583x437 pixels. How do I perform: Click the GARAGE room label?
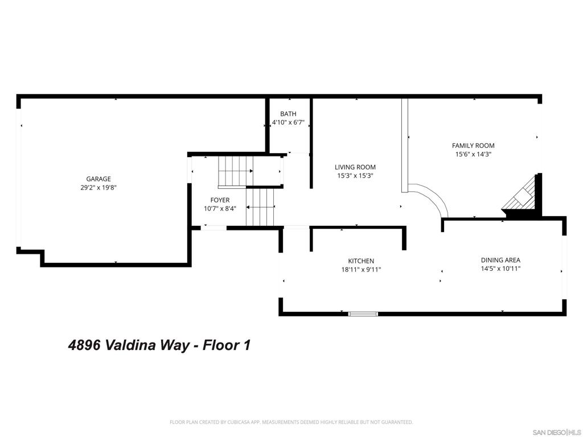point(98,179)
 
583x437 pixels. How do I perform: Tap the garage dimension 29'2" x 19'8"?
point(98,187)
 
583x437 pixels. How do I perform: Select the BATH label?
point(288,114)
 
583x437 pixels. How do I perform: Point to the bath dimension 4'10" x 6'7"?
point(288,122)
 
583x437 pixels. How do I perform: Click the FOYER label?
point(220,200)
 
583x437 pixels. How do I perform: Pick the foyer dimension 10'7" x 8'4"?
point(220,209)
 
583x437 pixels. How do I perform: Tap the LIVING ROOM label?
point(355,167)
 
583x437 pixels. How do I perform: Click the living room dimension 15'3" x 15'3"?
point(355,176)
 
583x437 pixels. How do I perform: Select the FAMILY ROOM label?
point(473,146)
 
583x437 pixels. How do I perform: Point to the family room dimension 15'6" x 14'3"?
point(473,154)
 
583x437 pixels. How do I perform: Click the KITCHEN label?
point(362,261)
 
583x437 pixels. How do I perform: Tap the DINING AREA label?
point(500,260)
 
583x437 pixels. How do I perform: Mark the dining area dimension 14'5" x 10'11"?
point(500,269)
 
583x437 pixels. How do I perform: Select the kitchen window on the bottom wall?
point(363,314)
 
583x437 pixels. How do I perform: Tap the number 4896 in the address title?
point(84,345)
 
